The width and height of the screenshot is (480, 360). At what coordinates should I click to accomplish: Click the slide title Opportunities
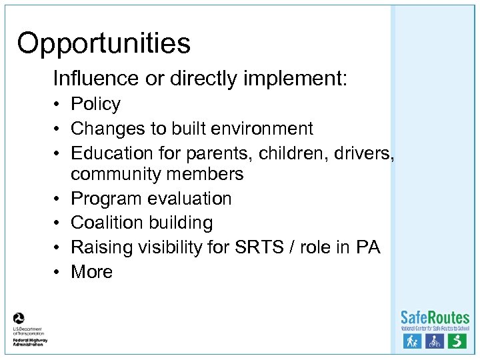pyautogui.click(x=104, y=44)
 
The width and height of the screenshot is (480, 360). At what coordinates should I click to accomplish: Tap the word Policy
pyautogui.click(x=95, y=104)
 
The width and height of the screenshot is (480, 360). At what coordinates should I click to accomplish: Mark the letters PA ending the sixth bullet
pyautogui.click(x=368, y=247)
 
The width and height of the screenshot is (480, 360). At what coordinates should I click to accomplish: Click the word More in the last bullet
pyautogui.click(x=91, y=272)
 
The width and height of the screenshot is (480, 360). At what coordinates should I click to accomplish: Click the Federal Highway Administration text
pyautogui.click(x=29, y=341)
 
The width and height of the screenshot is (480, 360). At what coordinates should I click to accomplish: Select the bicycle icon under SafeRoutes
pyautogui.click(x=435, y=341)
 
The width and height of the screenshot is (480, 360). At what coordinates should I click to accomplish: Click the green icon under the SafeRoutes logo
pyautogui.click(x=457, y=341)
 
